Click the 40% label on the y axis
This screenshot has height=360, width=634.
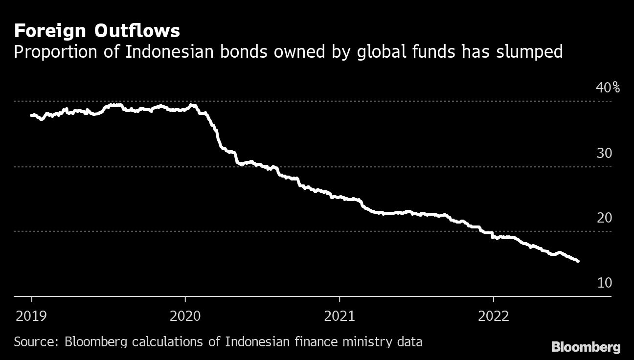click(608, 88)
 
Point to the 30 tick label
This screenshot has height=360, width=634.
click(604, 154)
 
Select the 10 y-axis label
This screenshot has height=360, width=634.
click(604, 283)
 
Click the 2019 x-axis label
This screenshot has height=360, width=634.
click(32, 316)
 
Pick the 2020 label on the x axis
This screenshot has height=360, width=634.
click(185, 316)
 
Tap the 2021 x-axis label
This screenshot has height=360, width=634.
click(340, 316)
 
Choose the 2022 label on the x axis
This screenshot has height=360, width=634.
click(493, 316)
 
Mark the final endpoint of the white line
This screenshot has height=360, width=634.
click(578, 261)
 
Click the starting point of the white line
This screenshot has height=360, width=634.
click(31, 115)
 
